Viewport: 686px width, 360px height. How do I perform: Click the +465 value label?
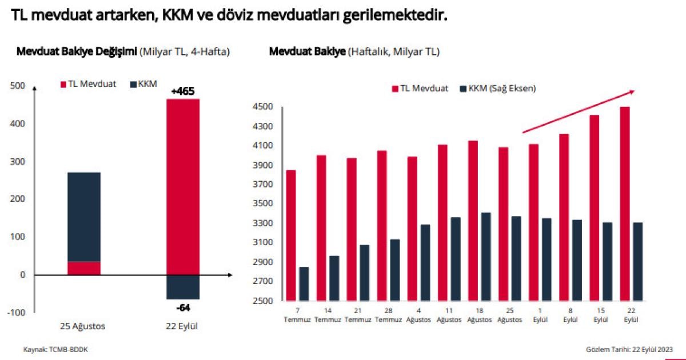(x=183, y=91)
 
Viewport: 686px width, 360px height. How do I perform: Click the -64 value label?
(x=183, y=308)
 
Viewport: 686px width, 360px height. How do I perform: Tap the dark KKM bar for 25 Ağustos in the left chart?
(x=83, y=217)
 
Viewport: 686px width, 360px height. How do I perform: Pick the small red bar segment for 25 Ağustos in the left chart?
(x=83, y=268)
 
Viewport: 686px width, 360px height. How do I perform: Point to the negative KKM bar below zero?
(x=183, y=287)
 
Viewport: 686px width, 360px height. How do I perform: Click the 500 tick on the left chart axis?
(x=18, y=86)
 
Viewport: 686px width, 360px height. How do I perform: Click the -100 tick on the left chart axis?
(x=17, y=313)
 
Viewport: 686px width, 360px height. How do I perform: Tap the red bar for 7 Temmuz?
(x=291, y=235)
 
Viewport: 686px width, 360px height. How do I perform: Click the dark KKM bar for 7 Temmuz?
(x=304, y=283)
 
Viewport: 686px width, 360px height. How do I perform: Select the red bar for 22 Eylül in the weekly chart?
(x=625, y=203)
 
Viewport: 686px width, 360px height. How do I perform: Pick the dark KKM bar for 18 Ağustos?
(x=486, y=257)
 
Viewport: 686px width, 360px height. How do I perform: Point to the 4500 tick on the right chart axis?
(x=264, y=107)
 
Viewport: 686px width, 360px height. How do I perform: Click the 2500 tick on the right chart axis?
(x=264, y=301)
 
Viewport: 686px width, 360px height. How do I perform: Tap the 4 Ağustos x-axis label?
(x=419, y=315)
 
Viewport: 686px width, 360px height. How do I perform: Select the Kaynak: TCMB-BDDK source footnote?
(x=55, y=349)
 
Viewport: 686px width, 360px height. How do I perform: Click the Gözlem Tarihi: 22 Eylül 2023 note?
(x=629, y=349)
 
